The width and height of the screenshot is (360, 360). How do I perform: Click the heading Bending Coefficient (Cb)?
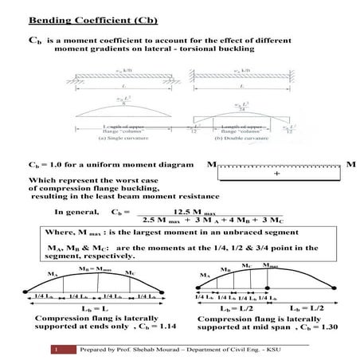coord(84,18)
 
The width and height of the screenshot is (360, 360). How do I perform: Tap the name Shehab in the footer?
coord(141,349)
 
